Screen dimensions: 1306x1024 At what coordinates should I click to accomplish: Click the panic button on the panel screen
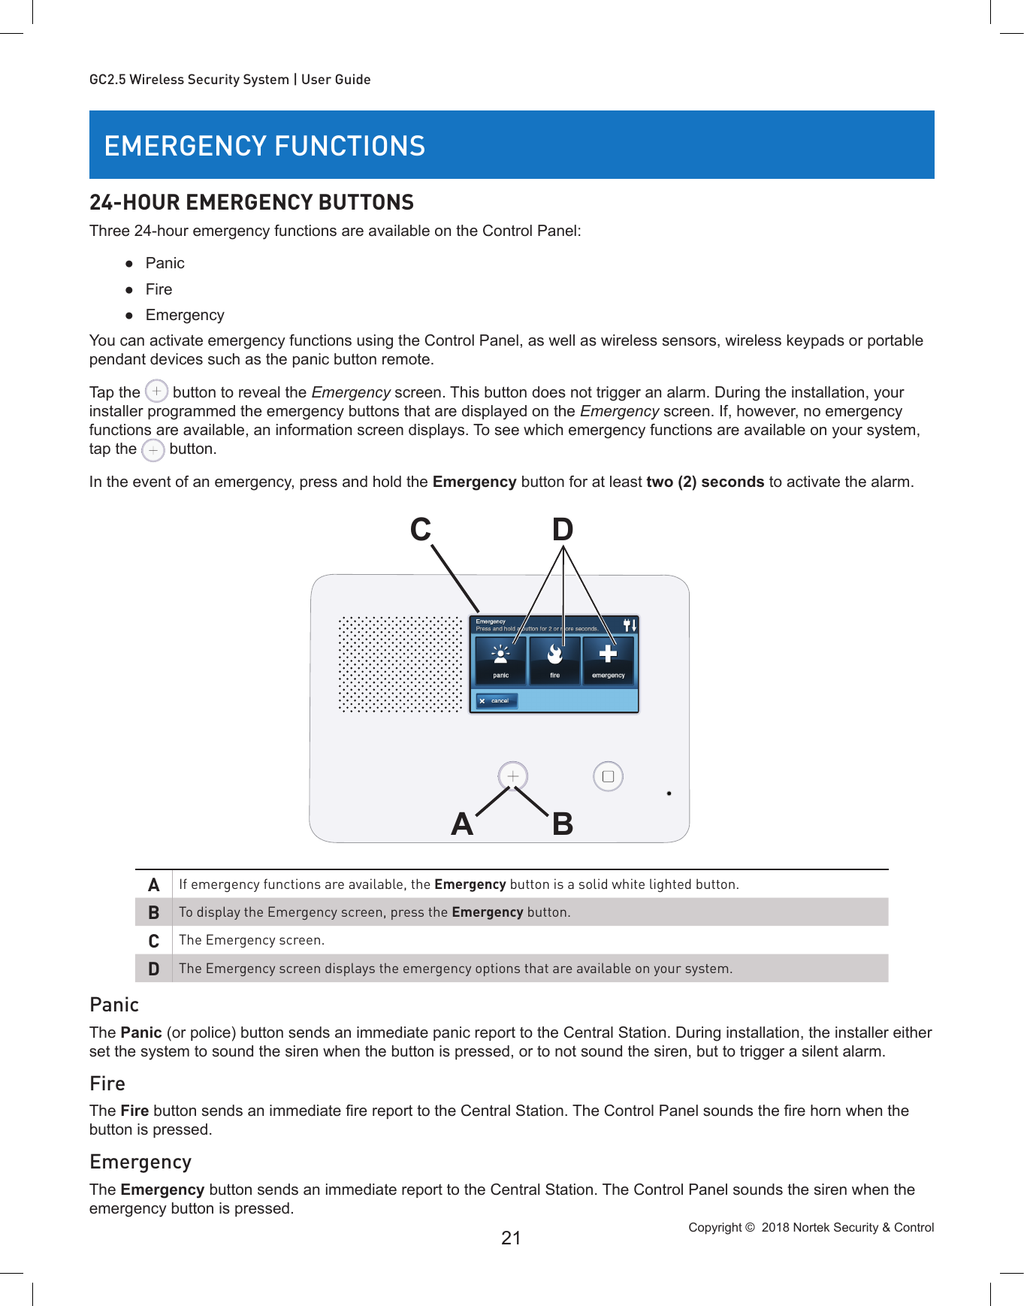click(500, 660)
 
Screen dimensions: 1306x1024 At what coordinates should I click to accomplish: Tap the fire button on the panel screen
click(554, 660)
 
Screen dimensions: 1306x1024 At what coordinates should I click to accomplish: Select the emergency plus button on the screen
click(608, 660)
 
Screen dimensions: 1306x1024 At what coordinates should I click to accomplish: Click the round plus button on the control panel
click(513, 775)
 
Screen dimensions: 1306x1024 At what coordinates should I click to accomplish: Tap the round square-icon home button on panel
click(608, 776)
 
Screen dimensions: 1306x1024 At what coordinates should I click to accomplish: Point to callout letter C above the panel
click(421, 530)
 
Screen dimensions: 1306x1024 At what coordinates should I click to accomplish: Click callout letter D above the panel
click(563, 530)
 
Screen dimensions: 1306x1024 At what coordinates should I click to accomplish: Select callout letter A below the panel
click(462, 824)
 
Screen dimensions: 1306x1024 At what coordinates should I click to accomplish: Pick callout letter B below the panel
click(563, 824)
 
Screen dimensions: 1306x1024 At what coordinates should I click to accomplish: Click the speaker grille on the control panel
click(400, 664)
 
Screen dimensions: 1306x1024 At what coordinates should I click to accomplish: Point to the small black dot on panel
click(669, 793)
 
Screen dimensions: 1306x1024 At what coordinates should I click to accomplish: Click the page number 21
click(511, 1238)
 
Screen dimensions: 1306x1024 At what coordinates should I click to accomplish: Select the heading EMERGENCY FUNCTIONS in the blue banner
click(264, 146)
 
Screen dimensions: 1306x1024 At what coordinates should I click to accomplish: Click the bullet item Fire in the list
click(159, 289)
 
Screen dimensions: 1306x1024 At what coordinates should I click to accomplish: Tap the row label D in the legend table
click(154, 969)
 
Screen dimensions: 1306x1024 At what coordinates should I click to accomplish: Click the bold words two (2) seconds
click(705, 482)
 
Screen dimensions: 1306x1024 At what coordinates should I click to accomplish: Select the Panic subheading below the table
click(114, 1005)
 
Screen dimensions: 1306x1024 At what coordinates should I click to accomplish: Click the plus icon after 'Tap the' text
click(156, 391)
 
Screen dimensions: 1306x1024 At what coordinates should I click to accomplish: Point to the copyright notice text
click(811, 1227)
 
